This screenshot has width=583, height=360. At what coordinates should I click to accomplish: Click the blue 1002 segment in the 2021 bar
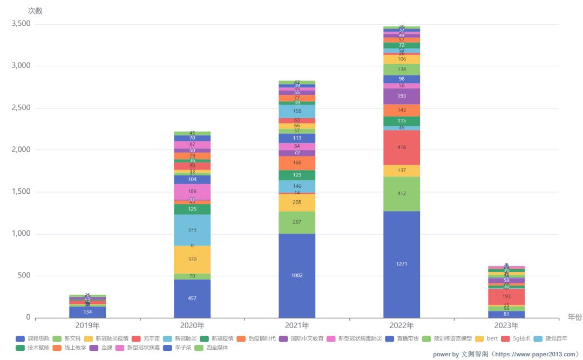point(297,275)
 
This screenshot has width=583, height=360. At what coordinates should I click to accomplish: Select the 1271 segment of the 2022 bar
point(402,264)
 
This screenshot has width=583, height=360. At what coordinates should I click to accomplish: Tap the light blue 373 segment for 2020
point(192,230)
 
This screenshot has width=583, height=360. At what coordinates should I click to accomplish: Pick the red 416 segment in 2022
point(402,147)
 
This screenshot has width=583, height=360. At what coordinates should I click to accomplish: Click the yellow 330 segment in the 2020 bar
point(192,260)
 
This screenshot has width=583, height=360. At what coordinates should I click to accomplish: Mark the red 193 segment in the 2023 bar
point(506,296)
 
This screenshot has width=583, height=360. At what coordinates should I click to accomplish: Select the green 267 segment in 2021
point(297,222)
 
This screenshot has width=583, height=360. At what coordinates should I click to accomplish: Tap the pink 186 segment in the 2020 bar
point(192,192)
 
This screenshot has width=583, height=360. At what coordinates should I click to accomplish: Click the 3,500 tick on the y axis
point(22,24)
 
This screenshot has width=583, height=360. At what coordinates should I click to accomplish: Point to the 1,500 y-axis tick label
point(22,192)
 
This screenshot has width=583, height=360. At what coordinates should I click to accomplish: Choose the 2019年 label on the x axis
point(87,326)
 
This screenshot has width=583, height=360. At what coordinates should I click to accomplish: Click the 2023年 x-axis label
point(506,326)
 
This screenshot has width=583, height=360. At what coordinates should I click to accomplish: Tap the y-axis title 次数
point(35,11)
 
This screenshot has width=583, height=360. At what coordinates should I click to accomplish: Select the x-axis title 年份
point(574,317)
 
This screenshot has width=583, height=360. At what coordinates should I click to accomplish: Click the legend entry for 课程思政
point(33,338)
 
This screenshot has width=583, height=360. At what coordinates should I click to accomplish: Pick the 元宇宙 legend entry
point(146,338)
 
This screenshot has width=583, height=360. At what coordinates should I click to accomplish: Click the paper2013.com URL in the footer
point(535,354)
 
